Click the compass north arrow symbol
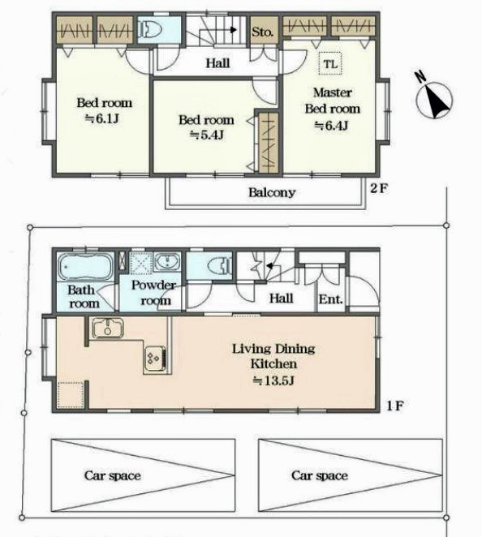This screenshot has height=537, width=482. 434,98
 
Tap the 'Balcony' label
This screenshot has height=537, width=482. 272,192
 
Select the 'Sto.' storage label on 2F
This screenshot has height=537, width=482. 262,32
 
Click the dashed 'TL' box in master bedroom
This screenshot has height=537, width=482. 330,64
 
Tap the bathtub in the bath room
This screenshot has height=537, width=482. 84,266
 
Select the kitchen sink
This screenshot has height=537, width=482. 107,328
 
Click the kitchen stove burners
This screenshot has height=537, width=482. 155,359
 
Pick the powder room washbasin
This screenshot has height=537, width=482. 167,262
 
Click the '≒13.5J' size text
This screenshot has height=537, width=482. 273,380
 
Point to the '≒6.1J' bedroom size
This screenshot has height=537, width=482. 102,119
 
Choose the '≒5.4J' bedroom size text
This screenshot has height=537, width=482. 207,135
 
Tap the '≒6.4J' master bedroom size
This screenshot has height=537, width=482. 331,126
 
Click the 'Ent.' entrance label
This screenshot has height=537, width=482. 330,299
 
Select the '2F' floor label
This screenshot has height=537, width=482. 379,188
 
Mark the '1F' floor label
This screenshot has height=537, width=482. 395,406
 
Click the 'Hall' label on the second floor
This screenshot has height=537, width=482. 218,63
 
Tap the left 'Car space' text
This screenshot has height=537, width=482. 113,475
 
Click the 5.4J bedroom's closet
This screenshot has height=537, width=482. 268,142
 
